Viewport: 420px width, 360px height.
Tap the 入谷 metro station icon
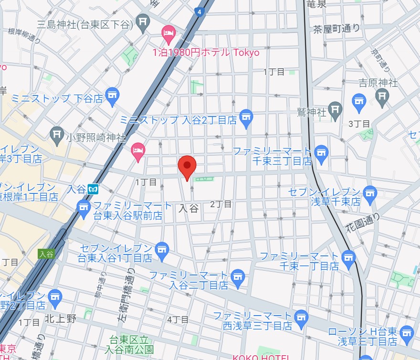(x=93, y=189)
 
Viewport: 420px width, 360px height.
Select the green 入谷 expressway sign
(x=46, y=254)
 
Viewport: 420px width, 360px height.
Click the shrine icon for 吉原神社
(x=381, y=97)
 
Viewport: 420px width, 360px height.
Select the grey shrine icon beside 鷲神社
(x=336, y=108)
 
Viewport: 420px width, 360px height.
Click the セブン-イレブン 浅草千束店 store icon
(x=369, y=193)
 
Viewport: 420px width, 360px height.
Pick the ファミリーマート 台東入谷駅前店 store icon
(x=84, y=207)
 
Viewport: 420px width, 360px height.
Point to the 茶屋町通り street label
(x=336, y=29)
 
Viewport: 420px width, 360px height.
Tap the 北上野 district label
(x=61, y=319)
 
